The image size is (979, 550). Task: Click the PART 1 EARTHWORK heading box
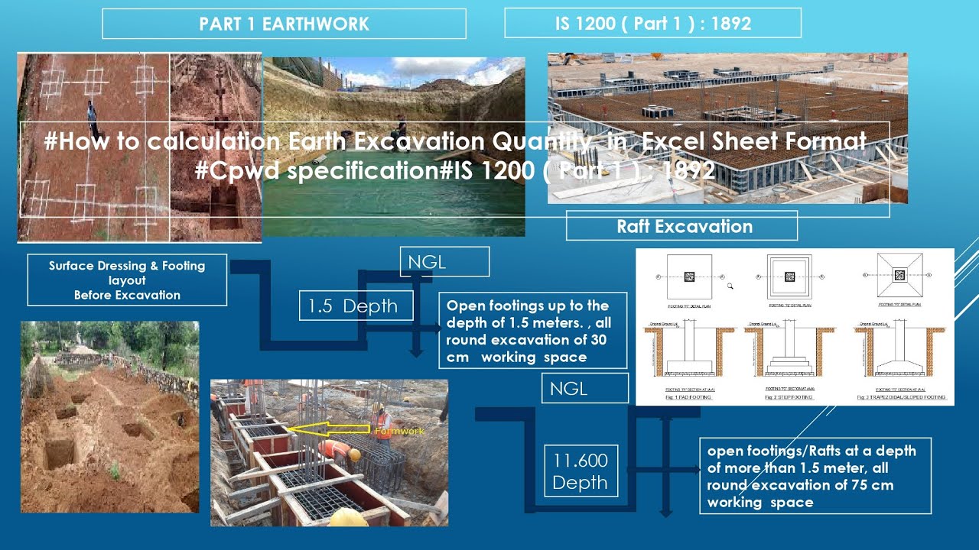(x=284, y=24)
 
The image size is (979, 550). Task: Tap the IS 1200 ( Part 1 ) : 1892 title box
(x=652, y=24)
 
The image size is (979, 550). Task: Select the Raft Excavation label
(x=684, y=226)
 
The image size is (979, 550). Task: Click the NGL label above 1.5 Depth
(x=444, y=262)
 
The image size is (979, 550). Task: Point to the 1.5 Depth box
(x=356, y=306)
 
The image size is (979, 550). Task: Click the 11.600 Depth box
(x=580, y=471)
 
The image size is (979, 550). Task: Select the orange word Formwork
(x=399, y=432)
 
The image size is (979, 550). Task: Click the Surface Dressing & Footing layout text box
(x=127, y=280)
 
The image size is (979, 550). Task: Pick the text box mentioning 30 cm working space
(x=533, y=331)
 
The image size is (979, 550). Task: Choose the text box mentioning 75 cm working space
(x=815, y=475)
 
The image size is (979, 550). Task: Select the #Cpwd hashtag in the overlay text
(x=233, y=170)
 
